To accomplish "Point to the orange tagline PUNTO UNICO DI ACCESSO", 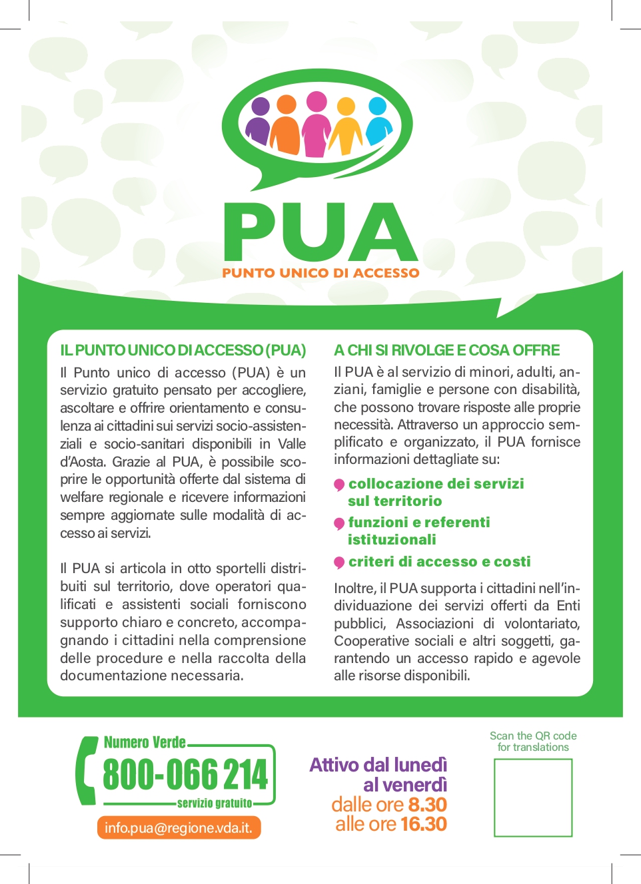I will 320,273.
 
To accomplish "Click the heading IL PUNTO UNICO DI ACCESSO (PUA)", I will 183,350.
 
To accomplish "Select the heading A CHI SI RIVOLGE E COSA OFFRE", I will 446,350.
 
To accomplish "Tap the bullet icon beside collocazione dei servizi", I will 339,485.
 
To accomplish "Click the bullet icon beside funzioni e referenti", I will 339,524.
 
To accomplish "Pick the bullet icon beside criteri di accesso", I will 339,562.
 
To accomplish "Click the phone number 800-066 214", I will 185,774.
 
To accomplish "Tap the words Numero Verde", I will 145,742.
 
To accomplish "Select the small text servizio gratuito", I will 215,803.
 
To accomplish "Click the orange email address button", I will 179,827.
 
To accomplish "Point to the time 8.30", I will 427,804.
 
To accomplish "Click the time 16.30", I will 423,824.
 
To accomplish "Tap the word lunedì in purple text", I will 420,765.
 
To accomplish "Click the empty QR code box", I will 533,797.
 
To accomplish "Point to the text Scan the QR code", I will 533,736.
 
